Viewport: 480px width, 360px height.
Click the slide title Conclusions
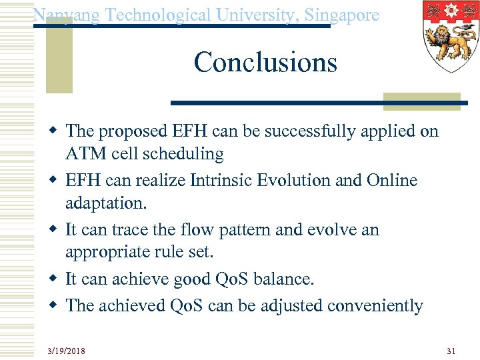click(265, 63)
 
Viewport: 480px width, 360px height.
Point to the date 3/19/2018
click(66, 351)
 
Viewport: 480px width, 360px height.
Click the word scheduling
click(185, 154)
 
